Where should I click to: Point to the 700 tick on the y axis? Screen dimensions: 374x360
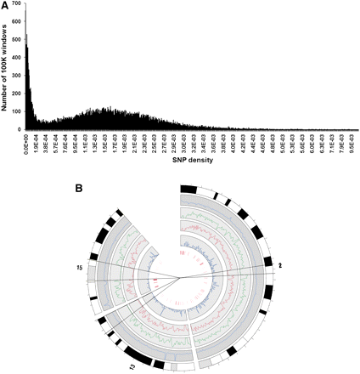(x=17, y=6)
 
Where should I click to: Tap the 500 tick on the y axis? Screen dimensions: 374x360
(x=17, y=41)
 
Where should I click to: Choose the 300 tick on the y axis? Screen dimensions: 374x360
(x=17, y=76)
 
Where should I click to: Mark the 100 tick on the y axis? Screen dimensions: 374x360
(x=17, y=112)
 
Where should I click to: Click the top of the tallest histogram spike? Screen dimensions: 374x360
(x=26, y=12)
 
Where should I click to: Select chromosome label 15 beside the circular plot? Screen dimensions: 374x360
(x=78, y=268)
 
